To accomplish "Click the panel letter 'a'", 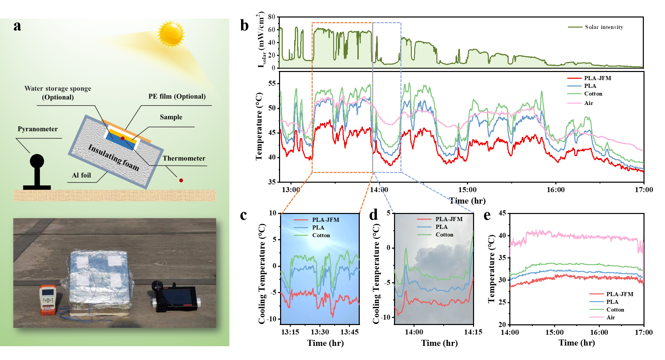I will [17, 26].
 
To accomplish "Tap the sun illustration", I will [171, 34].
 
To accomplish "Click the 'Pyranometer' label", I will [38, 129].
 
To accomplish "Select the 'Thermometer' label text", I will [184, 158].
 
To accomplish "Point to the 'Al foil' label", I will [81, 175].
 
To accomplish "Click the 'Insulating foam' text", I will [113, 157].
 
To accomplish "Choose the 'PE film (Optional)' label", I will [177, 97].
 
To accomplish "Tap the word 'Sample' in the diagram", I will [171, 117].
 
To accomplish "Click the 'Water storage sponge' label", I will [57, 89].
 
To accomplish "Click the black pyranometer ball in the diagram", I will [37, 161].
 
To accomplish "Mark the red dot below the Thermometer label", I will [181, 181].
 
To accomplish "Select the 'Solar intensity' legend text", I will [604, 27].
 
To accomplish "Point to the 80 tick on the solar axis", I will [272, 17].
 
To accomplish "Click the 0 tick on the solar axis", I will [273, 68].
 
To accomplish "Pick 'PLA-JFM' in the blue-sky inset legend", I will [325, 220].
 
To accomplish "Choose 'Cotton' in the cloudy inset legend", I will [444, 235].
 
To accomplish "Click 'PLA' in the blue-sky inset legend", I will [318, 228].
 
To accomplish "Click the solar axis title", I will [261, 40].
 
